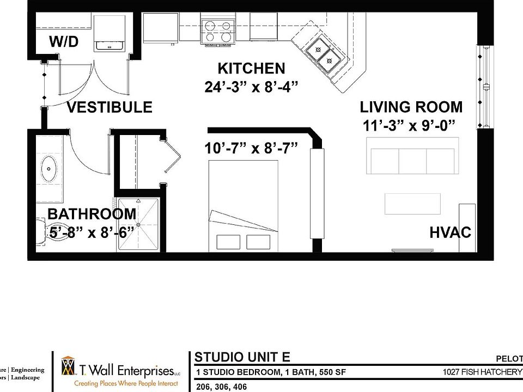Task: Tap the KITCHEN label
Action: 251,69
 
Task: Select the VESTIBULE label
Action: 110,107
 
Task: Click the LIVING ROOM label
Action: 411,107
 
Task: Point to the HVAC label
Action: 450,232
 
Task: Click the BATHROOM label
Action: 92,214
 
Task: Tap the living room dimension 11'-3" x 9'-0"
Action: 409,126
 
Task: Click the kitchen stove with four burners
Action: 217,30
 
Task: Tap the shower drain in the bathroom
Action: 138,224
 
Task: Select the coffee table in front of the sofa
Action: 412,204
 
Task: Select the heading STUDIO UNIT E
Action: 242,358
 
